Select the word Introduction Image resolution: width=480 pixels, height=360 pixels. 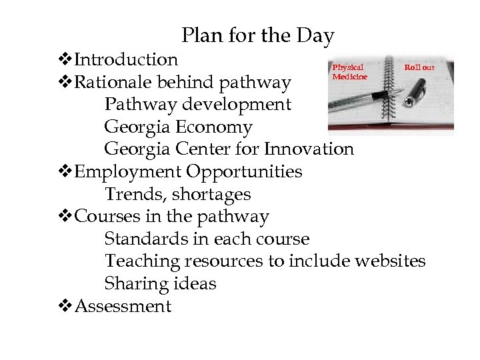[x=126, y=59]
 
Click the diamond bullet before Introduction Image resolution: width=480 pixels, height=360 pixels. [x=65, y=60]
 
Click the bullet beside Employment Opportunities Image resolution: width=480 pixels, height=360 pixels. [x=65, y=172]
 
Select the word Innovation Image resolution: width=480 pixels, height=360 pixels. [x=309, y=149]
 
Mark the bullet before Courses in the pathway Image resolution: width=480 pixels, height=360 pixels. [x=65, y=217]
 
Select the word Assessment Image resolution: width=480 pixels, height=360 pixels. [x=123, y=306]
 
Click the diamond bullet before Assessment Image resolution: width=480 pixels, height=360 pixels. [x=65, y=307]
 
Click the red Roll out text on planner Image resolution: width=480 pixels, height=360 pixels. [x=419, y=67]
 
